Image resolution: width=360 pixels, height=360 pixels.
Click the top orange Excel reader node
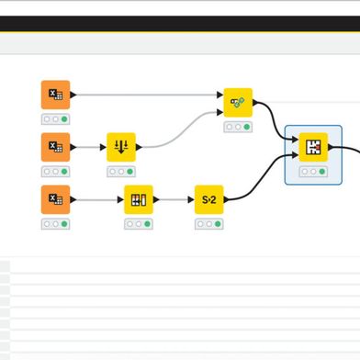point(55,95)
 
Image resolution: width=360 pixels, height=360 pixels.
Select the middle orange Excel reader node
point(55,147)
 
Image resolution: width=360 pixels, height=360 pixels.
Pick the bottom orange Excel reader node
point(55,199)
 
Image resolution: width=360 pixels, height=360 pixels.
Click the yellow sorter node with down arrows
point(120,147)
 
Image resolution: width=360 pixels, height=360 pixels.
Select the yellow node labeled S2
point(208,199)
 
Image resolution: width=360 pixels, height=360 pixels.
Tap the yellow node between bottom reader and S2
point(140,199)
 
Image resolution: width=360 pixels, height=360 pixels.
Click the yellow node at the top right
point(238,102)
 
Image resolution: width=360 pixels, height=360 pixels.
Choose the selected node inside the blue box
point(314,147)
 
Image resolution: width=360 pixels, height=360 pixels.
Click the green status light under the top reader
point(64,119)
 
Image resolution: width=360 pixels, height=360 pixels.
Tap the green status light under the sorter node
point(129,172)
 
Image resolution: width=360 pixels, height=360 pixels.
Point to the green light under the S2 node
point(218,224)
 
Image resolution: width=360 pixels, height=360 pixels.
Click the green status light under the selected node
point(323,172)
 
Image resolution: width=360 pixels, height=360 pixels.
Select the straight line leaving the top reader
point(147,95)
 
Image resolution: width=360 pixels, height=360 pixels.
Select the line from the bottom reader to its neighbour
point(96,199)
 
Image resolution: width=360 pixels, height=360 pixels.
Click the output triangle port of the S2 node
point(226,199)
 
